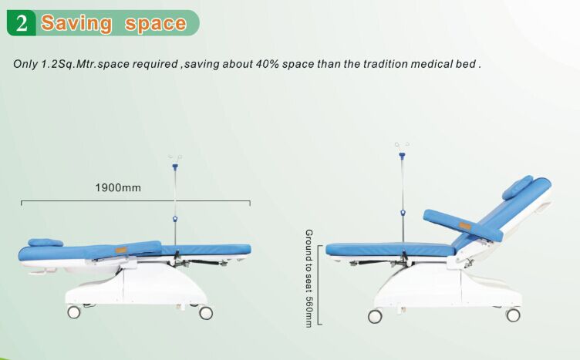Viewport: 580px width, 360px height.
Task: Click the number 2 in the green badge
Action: pos(22,23)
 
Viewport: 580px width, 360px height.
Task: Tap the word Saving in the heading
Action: pos(76,23)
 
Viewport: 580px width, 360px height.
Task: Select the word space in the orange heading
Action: pos(156,23)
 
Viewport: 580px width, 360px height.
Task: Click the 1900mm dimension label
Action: pos(118,187)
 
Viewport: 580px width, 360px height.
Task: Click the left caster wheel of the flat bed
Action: pos(74,312)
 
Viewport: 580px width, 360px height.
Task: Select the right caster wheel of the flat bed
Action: pos(206,312)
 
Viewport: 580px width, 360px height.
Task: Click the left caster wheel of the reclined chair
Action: pos(375,316)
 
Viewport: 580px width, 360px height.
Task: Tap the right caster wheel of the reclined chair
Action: pos(513,315)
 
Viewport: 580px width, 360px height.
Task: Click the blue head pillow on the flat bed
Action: pos(46,242)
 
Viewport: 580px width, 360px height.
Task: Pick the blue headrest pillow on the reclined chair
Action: pos(518,187)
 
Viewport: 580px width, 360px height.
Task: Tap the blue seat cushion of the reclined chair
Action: pos(389,249)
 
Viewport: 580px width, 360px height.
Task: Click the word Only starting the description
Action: pos(25,63)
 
